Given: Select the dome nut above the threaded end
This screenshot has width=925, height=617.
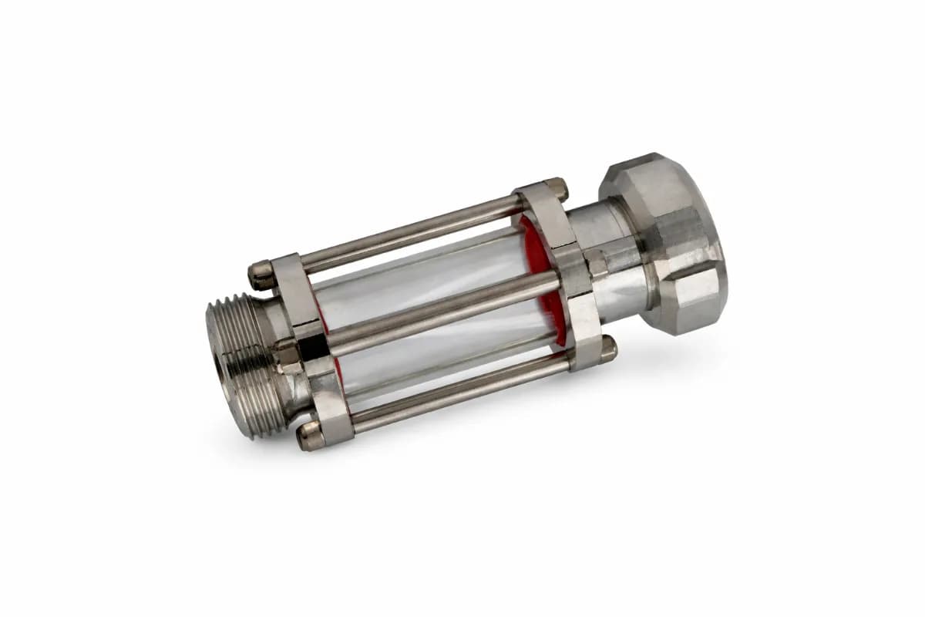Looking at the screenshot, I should tap(260, 273).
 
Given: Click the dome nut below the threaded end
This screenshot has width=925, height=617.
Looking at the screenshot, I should tap(310, 437).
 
